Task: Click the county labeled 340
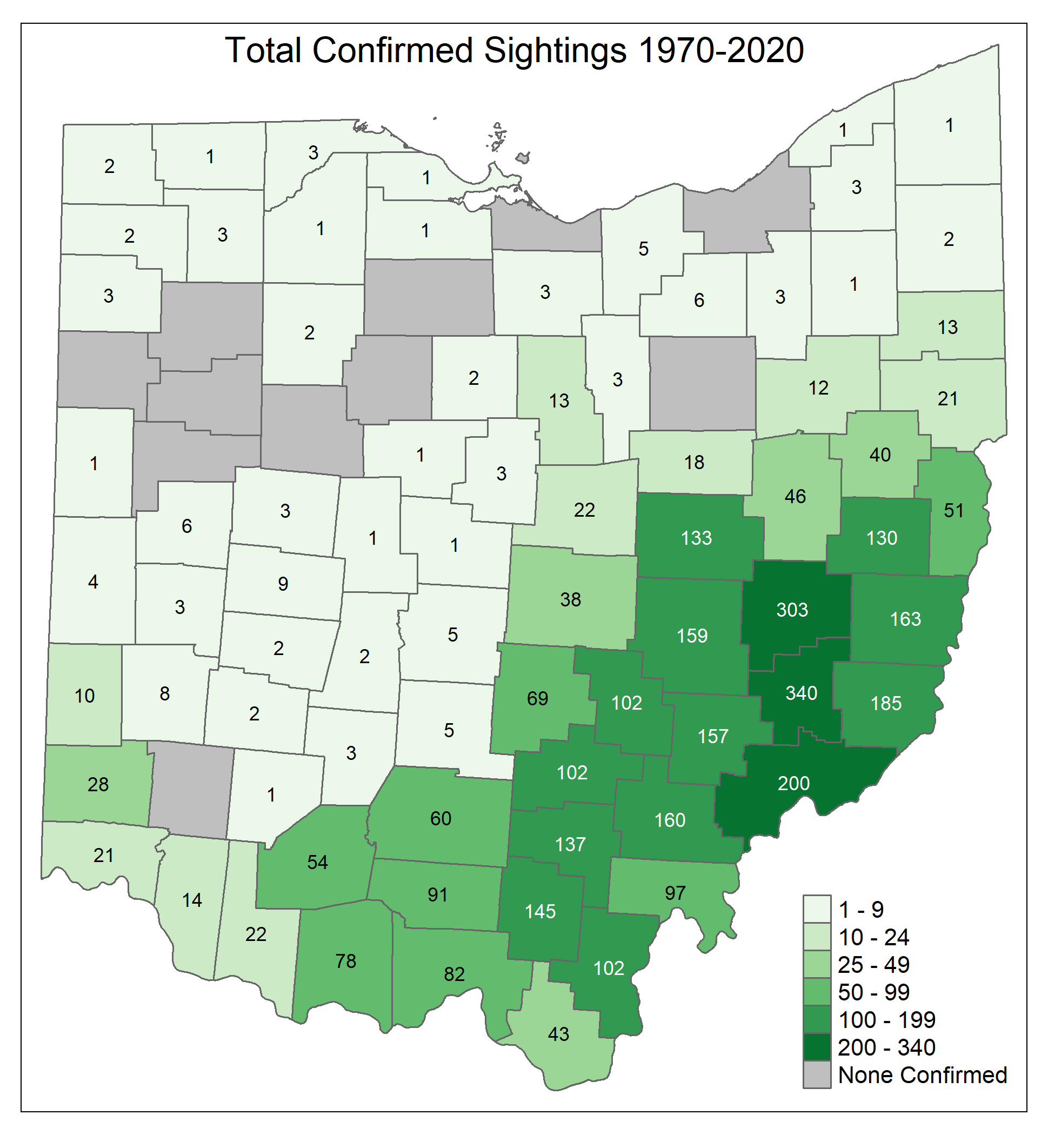[x=801, y=693]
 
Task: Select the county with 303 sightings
[x=792, y=610]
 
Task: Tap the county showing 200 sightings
[x=793, y=783]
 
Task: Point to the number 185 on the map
[x=886, y=703]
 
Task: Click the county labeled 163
[x=905, y=619]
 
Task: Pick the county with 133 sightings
[x=696, y=538]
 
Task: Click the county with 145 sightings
[x=540, y=912]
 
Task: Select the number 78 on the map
[x=345, y=961]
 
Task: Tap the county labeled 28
[x=97, y=784]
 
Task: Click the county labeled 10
[x=84, y=696]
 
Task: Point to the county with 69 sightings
[x=537, y=698]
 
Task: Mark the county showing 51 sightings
[x=953, y=511]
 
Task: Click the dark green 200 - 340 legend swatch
[x=817, y=1047]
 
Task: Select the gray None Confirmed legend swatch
[x=817, y=1075]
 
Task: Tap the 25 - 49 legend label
[x=873, y=964]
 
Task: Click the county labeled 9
[x=283, y=584]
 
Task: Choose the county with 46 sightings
[x=795, y=496]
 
